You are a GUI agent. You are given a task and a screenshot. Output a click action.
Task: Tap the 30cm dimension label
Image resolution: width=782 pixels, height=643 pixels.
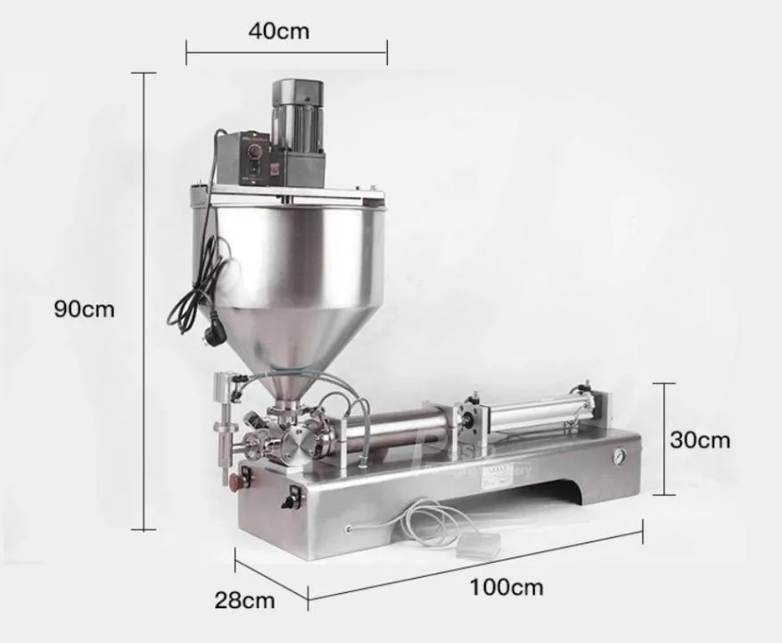[700, 439]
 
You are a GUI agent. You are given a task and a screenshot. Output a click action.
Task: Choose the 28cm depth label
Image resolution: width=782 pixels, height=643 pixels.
[244, 599]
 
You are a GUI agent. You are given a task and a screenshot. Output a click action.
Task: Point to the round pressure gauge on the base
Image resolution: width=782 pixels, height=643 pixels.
[617, 455]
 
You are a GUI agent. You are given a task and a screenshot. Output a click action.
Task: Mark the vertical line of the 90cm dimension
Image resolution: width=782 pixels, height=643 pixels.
[144, 303]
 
